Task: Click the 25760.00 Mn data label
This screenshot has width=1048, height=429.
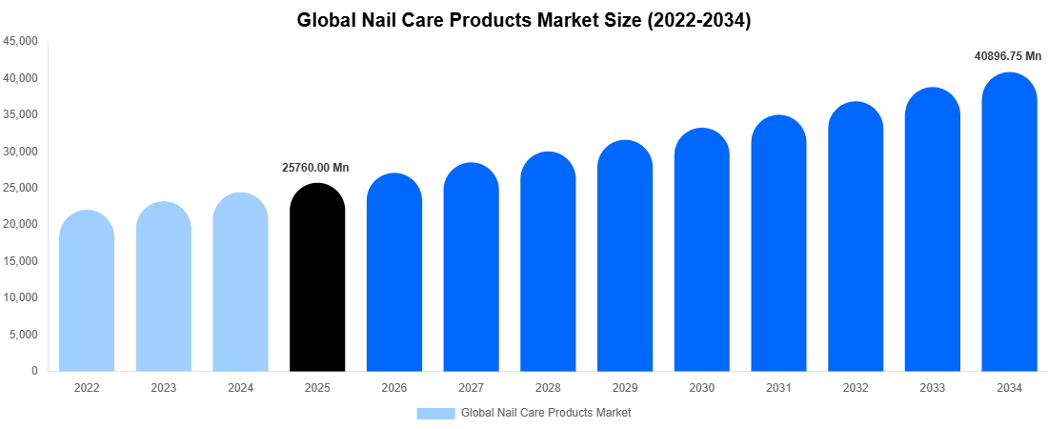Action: click(315, 168)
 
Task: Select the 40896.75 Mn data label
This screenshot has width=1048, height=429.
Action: click(1007, 56)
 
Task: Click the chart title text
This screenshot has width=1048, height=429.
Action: click(524, 20)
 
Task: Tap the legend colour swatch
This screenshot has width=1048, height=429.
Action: click(435, 413)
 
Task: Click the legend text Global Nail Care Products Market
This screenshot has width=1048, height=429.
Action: click(546, 413)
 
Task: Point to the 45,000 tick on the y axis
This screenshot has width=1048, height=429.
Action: click(21, 41)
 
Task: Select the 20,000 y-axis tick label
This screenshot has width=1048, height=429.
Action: click(21, 224)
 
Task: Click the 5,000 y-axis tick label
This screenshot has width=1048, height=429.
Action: click(24, 335)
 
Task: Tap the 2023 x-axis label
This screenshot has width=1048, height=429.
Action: click(164, 388)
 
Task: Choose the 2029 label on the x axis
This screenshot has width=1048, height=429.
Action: click(625, 388)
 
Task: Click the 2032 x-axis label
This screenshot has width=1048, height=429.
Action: click(856, 388)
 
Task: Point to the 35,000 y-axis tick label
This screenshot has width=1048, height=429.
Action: click(21, 114)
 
